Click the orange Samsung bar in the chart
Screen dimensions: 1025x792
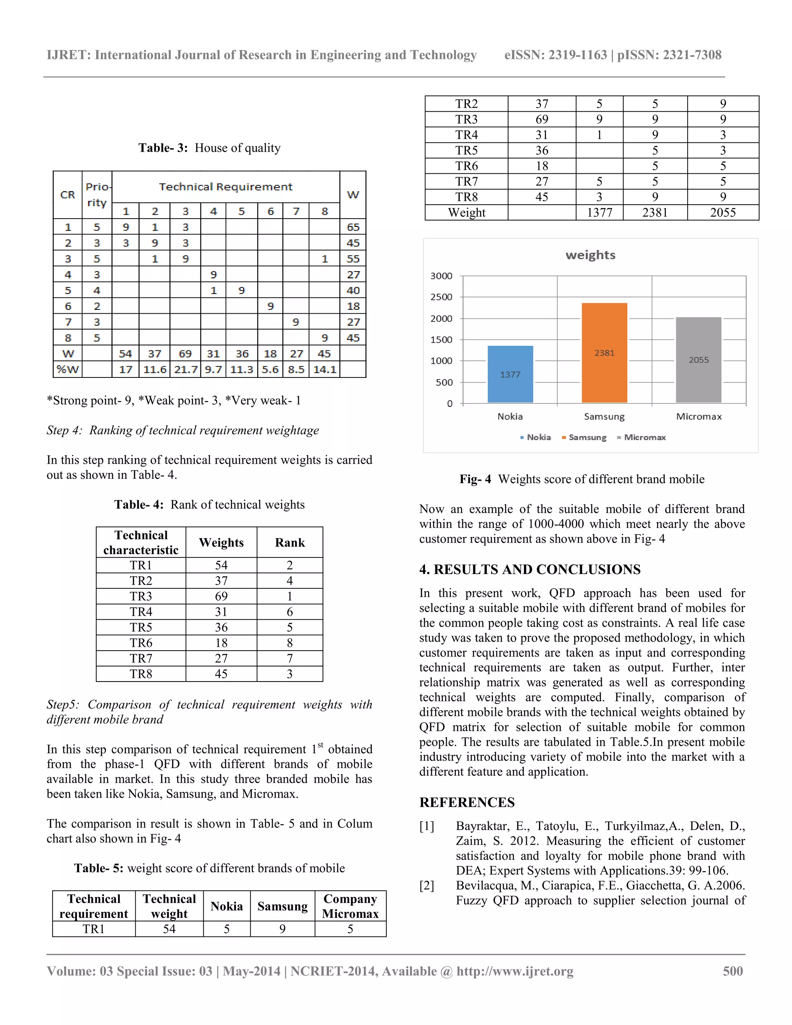[604, 352]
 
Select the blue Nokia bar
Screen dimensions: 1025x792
[510, 374]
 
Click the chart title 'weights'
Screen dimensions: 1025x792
[590, 255]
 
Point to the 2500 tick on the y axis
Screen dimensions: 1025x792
[441, 297]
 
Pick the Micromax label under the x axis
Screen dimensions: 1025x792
[699, 416]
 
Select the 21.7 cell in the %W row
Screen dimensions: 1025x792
[185, 369]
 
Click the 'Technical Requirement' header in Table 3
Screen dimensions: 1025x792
[226, 187]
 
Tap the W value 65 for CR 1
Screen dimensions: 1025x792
[353, 227]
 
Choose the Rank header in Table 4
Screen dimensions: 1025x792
[290, 543]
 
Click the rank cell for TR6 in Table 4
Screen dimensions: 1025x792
[290, 643]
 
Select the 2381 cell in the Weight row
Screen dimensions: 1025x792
[655, 213]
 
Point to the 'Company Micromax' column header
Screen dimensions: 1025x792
[350, 906]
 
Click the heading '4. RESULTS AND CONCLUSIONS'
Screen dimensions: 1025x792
[530, 569]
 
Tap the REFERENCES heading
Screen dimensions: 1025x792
[467, 803]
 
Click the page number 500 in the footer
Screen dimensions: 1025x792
[732, 971]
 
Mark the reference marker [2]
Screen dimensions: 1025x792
[427, 886]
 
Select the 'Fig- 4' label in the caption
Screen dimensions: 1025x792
[475, 479]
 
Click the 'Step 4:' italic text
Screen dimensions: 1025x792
[64, 430]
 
